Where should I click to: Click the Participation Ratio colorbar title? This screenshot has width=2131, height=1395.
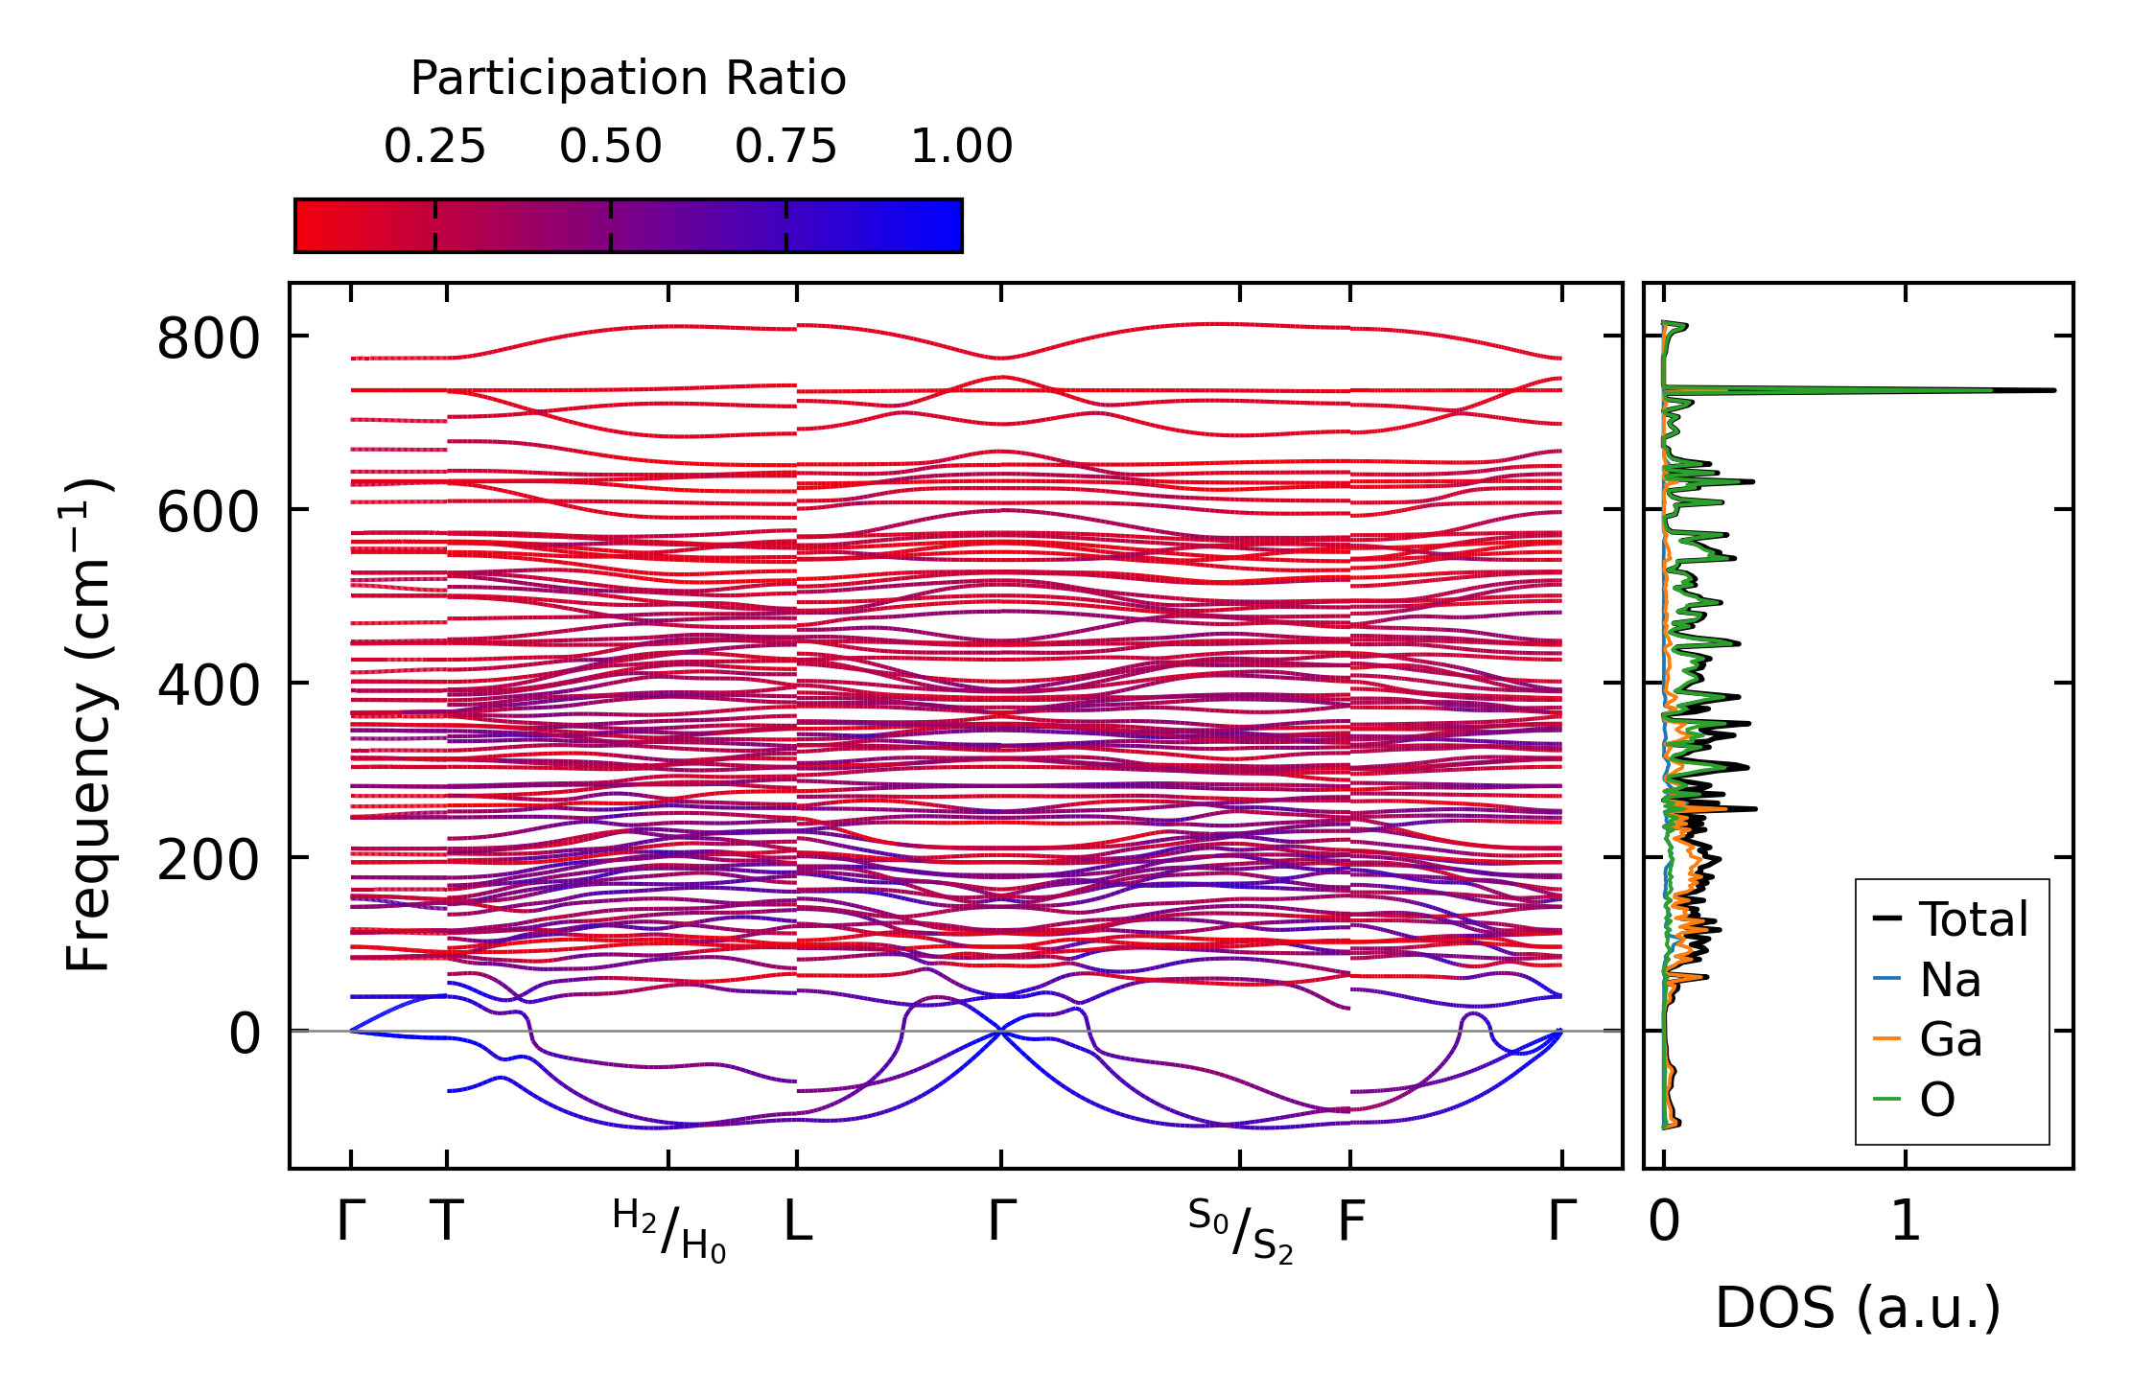coord(628,79)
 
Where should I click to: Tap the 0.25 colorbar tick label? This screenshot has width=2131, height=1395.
coord(435,147)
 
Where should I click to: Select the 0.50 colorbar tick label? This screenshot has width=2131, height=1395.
coord(611,147)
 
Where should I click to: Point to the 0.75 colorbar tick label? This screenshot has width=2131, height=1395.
coord(786,147)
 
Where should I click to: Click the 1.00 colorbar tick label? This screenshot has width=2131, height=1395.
coord(962,147)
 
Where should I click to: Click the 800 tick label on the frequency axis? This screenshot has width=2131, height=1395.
coord(208,338)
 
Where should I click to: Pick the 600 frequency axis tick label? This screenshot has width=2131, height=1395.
coord(208,512)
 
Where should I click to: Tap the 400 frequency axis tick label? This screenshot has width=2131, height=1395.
coord(208,686)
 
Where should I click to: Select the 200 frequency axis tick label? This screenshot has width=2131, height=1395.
coord(208,859)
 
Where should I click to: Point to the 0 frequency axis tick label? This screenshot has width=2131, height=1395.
coord(245,1034)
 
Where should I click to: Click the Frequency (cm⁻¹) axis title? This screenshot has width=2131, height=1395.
coord(88,725)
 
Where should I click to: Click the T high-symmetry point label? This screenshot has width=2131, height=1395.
coord(447,1221)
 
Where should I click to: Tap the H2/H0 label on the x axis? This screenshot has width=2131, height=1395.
coord(668,1230)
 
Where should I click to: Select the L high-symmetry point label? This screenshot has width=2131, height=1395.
coord(798,1221)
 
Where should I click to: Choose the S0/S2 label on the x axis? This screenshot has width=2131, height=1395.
coord(1240,1230)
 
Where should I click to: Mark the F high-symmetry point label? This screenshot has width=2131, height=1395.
coord(1350,1221)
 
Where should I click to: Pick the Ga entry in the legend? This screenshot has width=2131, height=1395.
coord(1951,1039)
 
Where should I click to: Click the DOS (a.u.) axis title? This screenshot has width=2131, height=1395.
coord(1858,1308)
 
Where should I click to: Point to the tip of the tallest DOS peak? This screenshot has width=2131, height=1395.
coord(2055,390)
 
